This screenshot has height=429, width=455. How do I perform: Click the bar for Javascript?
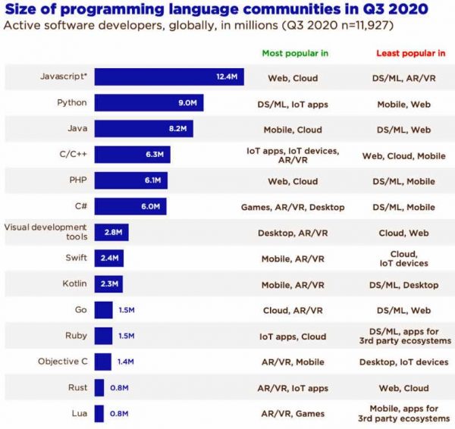(168, 77)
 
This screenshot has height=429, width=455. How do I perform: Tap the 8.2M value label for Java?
(179, 129)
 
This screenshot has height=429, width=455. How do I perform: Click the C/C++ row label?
(73, 155)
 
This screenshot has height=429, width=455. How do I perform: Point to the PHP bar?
(130, 180)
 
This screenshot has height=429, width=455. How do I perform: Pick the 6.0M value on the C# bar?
(153, 206)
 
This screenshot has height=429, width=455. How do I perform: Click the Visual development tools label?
(45, 232)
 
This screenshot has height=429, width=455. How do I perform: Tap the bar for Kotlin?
(108, 284)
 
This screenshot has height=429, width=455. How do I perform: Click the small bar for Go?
(104, 310)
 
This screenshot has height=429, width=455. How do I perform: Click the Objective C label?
(64, 362)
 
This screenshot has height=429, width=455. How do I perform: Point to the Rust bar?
(99, 387)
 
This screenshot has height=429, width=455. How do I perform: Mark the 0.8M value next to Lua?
(120, 413)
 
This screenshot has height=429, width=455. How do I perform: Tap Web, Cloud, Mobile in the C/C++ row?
(403, 155)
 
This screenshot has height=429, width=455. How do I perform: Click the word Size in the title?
(27, 10)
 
